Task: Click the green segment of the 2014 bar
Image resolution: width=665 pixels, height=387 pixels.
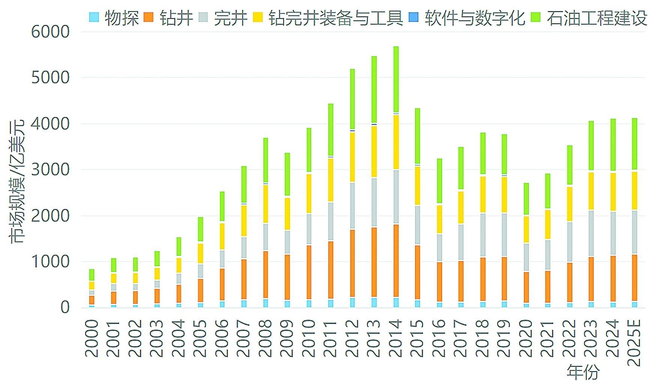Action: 396,79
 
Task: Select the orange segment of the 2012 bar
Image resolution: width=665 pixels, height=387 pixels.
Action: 352,263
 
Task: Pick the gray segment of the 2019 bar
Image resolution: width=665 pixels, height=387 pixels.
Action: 504,235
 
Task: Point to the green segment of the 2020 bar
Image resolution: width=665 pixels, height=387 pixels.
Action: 526,199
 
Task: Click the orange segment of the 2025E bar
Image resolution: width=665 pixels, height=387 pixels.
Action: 635,278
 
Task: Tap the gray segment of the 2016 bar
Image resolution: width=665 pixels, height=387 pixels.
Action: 439,247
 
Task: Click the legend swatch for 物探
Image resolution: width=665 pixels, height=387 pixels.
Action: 94,17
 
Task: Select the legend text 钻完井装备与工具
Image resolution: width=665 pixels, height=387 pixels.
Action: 336,18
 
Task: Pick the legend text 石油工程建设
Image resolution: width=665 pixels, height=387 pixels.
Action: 597,18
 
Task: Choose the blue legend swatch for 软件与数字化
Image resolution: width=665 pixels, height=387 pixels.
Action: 413,17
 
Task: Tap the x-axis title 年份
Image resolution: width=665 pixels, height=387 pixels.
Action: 583,372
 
